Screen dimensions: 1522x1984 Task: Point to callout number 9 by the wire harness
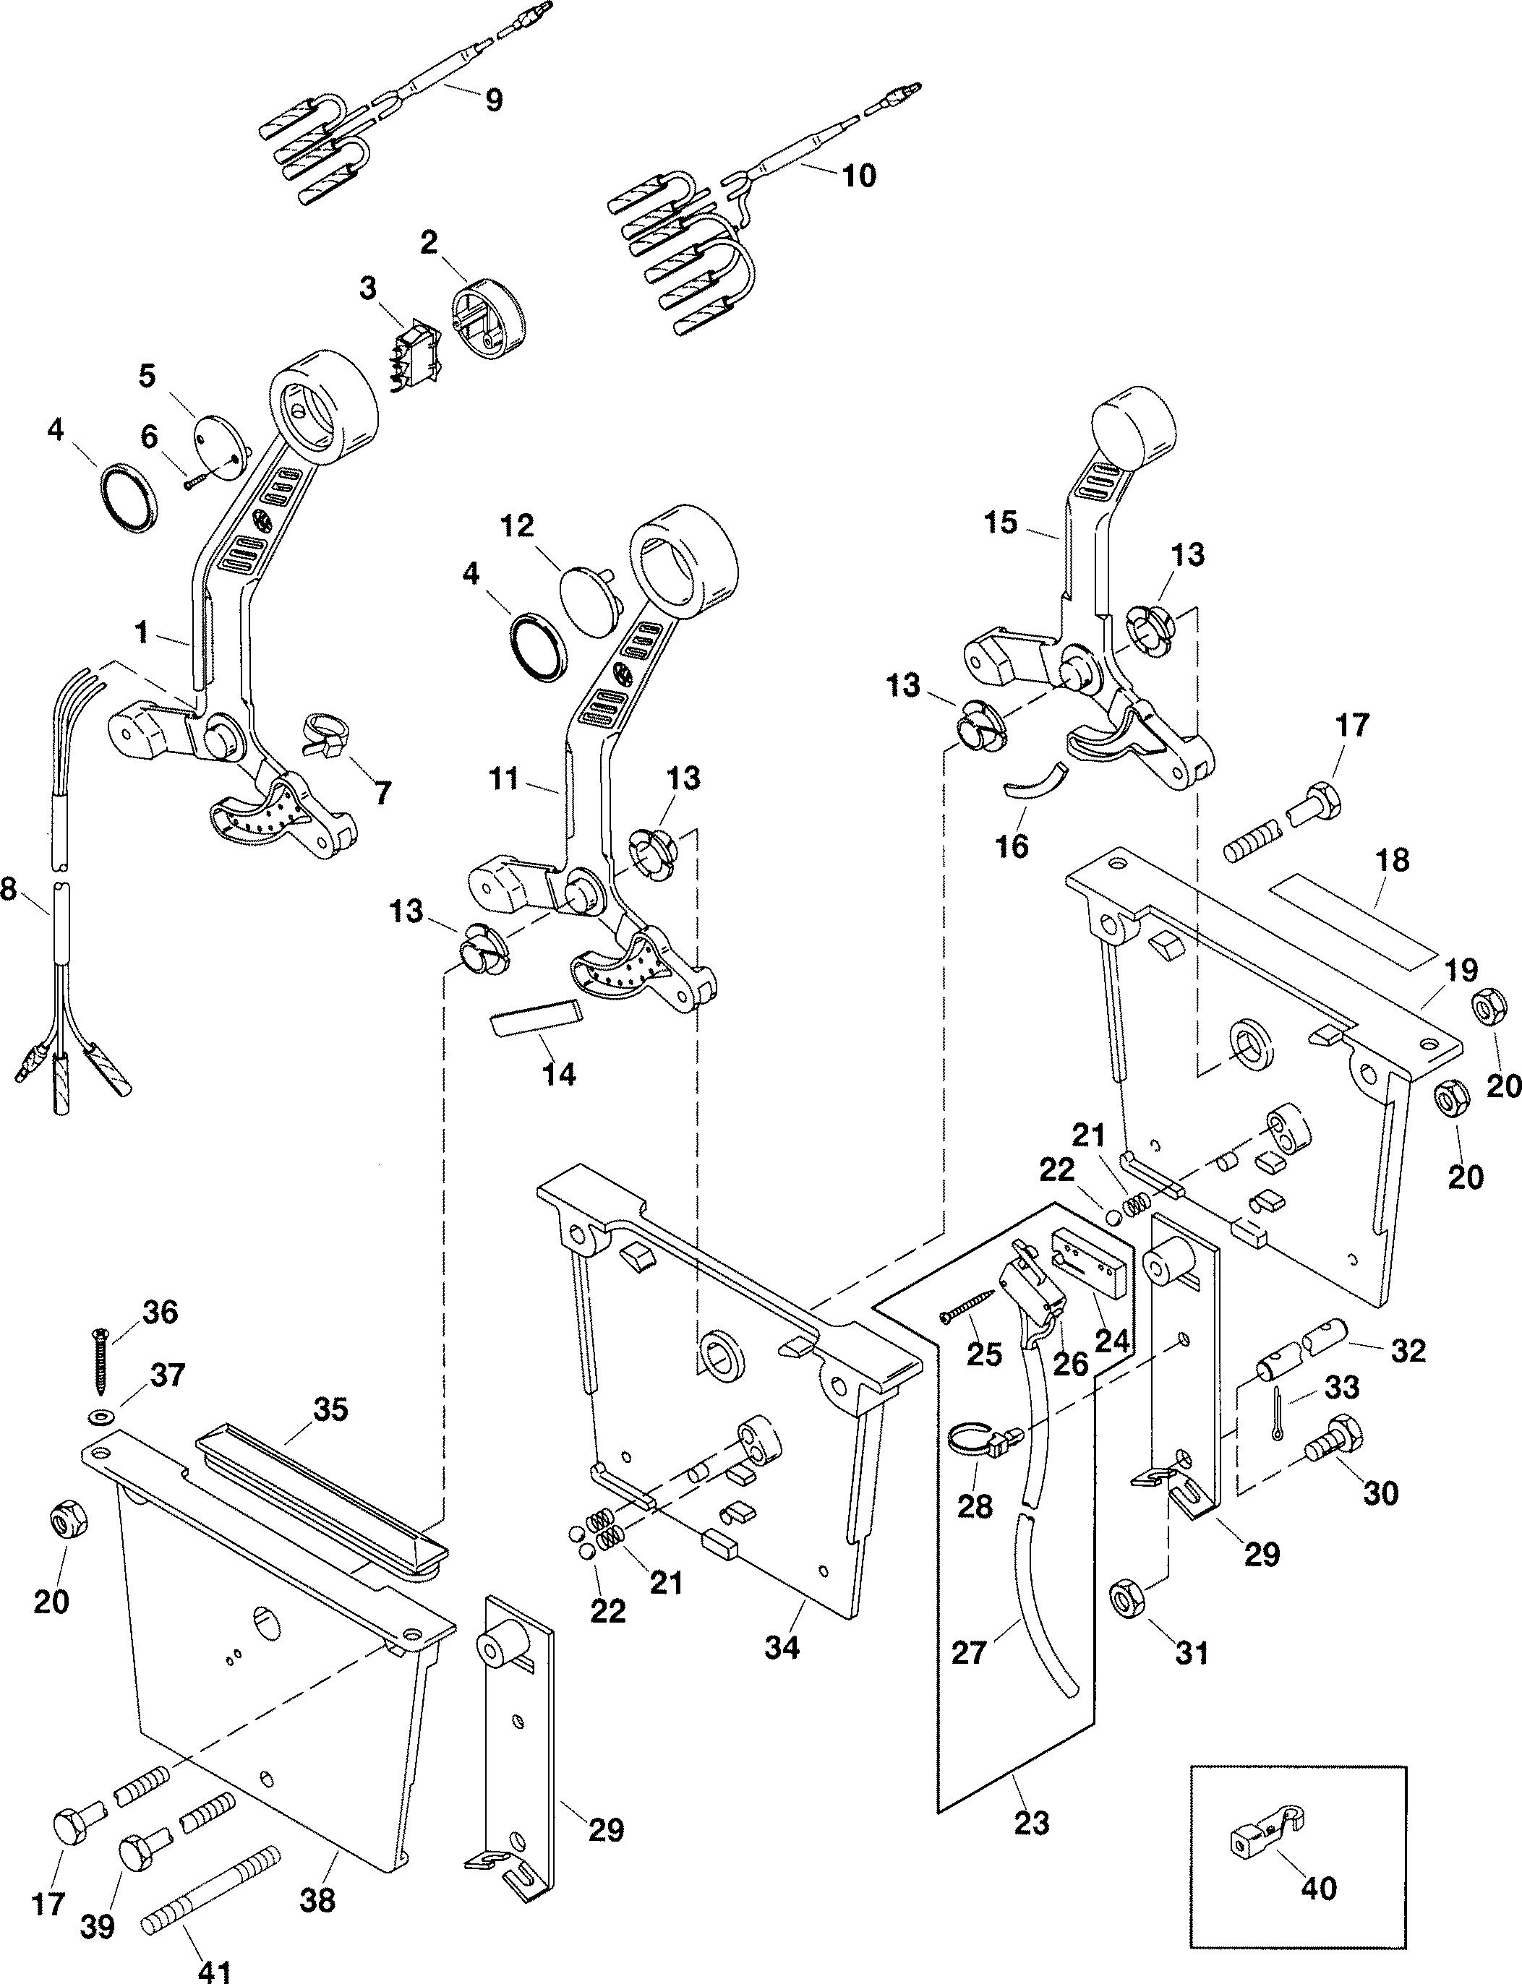point(493,100)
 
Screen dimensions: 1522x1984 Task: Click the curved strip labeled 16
point(1035,777)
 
